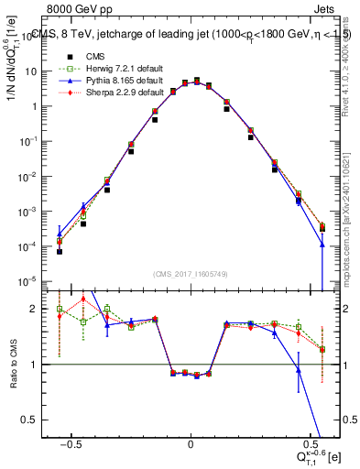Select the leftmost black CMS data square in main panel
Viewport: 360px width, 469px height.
click(x=60, y=251)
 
